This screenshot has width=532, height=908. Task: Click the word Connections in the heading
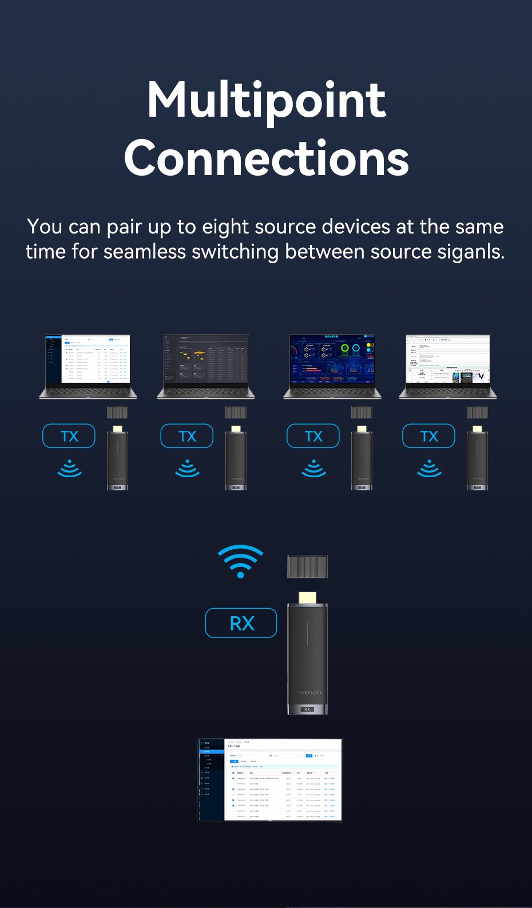[266, 158]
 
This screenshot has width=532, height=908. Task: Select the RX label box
[241, 623]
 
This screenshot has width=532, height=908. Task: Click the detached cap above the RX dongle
[307, 567]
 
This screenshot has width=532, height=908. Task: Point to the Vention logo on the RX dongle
[308, 693]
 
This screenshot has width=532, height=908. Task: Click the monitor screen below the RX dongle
[270, 780]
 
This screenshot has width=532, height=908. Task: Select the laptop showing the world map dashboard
[206, 366]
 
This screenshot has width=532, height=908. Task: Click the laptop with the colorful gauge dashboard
[332, 366]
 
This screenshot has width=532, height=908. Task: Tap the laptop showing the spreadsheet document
[448, 366]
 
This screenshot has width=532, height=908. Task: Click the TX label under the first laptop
[69, 437]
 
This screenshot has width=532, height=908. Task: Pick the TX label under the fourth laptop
[429, 437]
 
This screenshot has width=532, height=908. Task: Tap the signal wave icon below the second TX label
[187, 469]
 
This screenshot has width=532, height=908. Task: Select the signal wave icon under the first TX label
[69, 469]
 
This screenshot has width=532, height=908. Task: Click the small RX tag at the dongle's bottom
[307, 709]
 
